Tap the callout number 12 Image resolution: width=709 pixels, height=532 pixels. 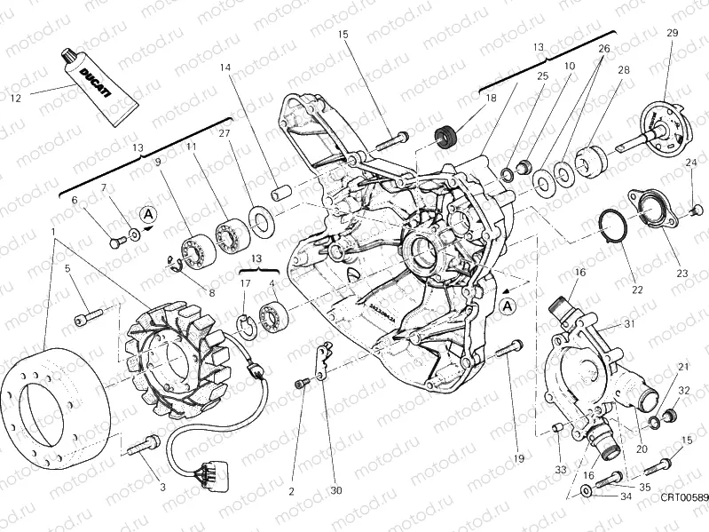(14, 98)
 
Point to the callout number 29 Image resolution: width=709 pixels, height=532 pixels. (672, 34)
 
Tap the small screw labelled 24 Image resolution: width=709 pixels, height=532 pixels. (695, 210)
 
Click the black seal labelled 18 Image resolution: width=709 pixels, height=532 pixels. (448, 137)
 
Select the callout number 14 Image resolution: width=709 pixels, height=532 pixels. (225, 67)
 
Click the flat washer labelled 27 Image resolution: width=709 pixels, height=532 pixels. (260, 216)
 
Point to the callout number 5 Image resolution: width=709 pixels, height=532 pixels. (67, 268)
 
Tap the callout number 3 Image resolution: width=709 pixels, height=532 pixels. (162, 487)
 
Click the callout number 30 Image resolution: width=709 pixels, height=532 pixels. (335, 490)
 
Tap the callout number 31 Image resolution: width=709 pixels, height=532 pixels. (629, 324)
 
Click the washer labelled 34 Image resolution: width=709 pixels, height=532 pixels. (587, 492)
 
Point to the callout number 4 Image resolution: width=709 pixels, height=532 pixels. (272, 284)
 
